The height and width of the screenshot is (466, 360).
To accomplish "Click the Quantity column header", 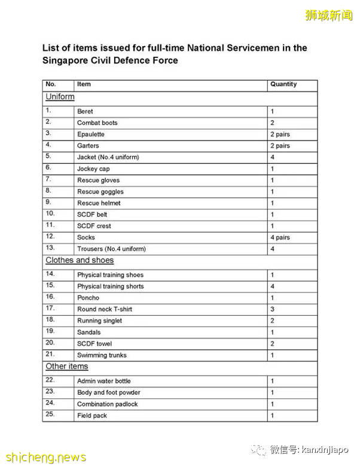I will [x=283, y=84].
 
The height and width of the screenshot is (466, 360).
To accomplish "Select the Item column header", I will [x=84, y=84].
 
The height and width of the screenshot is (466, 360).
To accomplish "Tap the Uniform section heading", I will [x=60, y=97].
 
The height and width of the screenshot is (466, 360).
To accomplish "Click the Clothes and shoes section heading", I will [x=80, y=260].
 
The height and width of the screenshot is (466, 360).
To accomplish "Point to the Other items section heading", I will [x=66, y=366].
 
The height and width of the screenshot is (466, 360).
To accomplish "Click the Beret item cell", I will [x=85, y=111].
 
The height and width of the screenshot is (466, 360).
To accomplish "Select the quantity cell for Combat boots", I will [x=273, y=123].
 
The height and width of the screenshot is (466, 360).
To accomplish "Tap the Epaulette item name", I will [x=90, y=134].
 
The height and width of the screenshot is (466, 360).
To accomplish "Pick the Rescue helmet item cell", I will [x=99, y=203].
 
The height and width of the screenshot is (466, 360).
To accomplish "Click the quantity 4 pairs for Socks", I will [x=280, y=237].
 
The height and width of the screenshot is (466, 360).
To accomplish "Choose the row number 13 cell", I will [x=50, y=248].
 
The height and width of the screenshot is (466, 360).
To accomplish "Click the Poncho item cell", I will [x=88, y=298].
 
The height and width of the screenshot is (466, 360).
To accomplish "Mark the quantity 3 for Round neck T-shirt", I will [x=272, y=309].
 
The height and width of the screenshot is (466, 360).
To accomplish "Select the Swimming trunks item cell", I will [x=102, y=355].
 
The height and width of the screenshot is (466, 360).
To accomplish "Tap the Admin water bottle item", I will [x=103, y=381].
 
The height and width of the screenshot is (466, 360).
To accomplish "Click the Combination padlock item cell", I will [x=108, y=404].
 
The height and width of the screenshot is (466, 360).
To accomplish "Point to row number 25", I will [x=50, y=415].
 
